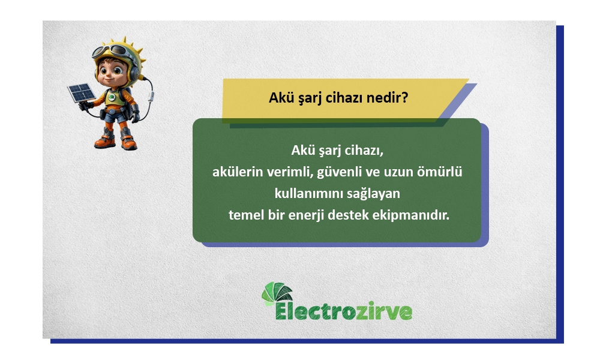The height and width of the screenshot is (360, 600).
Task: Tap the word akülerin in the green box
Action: click(x=236, y=172)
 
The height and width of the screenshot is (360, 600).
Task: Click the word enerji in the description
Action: click(x=325, y=215)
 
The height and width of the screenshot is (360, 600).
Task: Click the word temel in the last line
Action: click(x=247, y=215)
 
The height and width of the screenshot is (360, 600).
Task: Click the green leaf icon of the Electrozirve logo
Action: click(x=276, y=293)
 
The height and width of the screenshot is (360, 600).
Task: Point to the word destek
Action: click(x=368, y=215)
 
